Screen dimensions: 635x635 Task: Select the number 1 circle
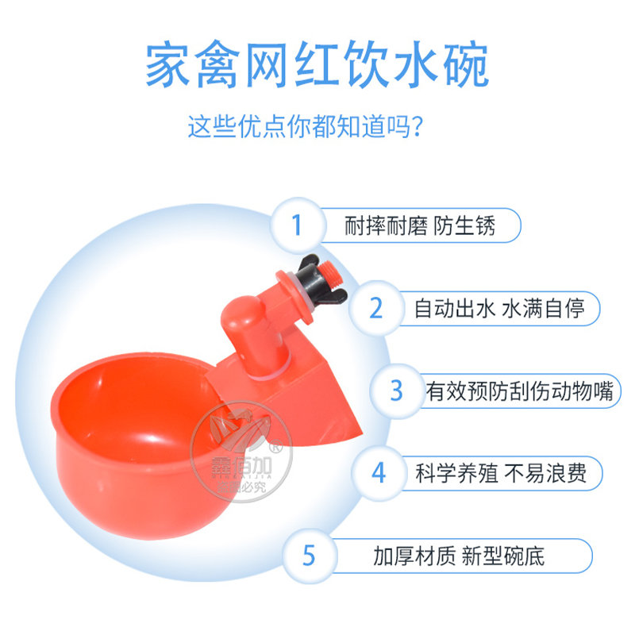coord(298,225)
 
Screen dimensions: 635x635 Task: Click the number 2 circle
coord(376,308)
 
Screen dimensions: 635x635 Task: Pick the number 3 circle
coord(397,391)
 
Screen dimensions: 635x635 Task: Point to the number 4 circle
coord(379,473)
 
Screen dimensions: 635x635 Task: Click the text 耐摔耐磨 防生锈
coord(420,225)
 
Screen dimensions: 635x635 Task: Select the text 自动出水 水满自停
coord(499,308)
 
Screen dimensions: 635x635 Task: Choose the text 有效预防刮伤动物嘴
coord(520,391)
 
